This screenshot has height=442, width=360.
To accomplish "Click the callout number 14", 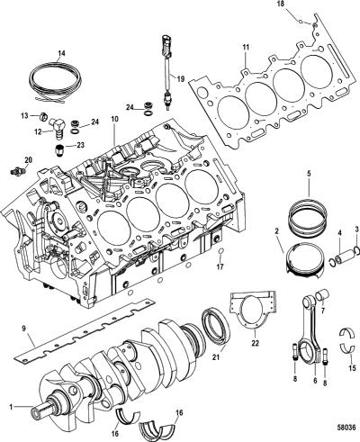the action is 61,53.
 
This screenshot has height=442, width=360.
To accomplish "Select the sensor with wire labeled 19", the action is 166,71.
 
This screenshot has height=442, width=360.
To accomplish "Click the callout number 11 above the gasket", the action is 246,48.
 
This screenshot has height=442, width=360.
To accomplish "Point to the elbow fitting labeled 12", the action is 57,127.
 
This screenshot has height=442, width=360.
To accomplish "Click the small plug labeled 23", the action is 60,150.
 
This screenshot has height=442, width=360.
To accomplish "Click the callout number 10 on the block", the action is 114,119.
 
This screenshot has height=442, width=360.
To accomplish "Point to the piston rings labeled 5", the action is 306,217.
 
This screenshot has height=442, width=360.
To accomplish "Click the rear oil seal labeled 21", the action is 216,326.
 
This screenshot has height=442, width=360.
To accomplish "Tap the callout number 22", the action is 255,344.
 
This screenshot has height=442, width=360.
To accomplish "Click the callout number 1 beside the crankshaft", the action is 11,407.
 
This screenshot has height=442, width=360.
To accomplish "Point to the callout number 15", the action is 352,367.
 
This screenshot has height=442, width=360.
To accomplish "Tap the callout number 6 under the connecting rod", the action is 315,381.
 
